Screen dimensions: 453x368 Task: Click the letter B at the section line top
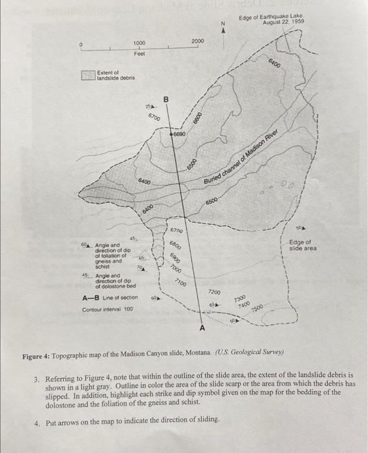(x=166, y=99)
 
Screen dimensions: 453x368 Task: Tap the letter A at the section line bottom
(x=201, y=329)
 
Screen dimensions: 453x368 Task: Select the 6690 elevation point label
(x=180, y=135)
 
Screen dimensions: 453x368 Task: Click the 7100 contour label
(x=180, y=283)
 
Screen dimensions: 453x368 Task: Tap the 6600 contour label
(x=197, y=119)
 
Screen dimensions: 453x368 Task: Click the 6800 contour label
(x=176, y=246)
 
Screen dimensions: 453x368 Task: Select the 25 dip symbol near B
(x=148, y=105)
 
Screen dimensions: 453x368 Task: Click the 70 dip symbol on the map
(x=140, y=267)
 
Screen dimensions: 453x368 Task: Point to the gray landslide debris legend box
(x=88, y=76)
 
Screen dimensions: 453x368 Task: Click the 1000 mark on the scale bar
(x=138, y=43)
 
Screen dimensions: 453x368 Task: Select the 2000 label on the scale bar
(x=198, y=41)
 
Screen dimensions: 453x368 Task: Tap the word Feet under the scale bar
(x=139, y=54)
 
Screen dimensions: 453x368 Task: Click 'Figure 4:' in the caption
(x=41, y=357)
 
